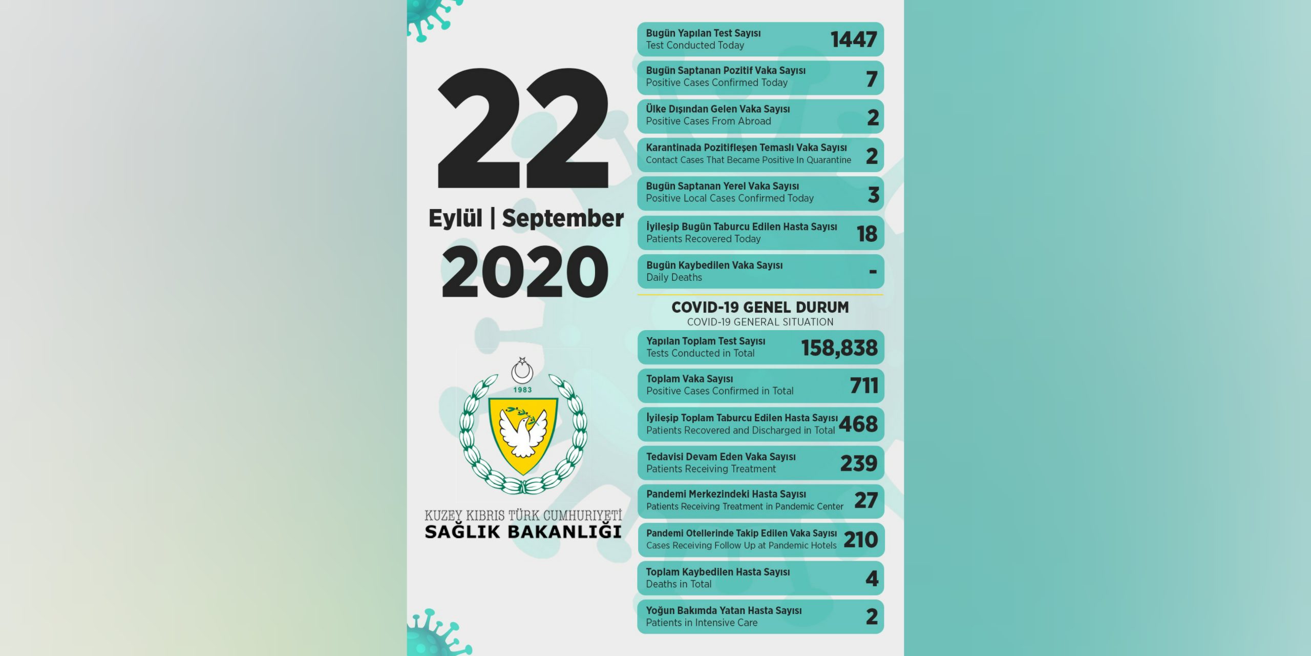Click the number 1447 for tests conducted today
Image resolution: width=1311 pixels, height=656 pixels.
pos(853,39)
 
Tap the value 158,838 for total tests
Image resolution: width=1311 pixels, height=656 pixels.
pos(839,348)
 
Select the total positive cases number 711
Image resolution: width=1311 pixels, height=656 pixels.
pos(864,385)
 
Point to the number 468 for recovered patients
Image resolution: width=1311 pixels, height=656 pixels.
pos(858,424)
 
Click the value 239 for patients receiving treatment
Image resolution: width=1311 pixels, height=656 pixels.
pos(859,463)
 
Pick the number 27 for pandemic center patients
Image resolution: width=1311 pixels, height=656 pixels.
pos(866,501)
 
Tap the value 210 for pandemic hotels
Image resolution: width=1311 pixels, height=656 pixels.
pos(860,540)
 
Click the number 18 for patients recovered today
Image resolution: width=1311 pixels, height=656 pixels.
pos(867,234)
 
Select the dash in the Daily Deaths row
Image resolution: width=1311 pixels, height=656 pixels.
pos(873,272)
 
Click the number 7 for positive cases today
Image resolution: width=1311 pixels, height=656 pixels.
pos(872,79)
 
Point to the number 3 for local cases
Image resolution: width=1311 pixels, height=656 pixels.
pos(873,195)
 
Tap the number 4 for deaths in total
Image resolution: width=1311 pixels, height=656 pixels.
pos(872,579)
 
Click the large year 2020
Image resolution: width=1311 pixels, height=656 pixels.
pos(525,272)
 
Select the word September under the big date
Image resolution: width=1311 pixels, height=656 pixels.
pos(562,218)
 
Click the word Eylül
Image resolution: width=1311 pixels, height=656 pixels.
pos(455,218)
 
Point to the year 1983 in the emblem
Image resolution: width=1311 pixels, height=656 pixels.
pos(522,390)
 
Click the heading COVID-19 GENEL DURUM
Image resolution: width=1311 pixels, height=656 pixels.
pos(760,307)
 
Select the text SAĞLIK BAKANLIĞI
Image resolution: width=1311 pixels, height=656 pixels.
pos(523,532)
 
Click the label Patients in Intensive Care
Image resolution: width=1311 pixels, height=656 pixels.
pos(702,623)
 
